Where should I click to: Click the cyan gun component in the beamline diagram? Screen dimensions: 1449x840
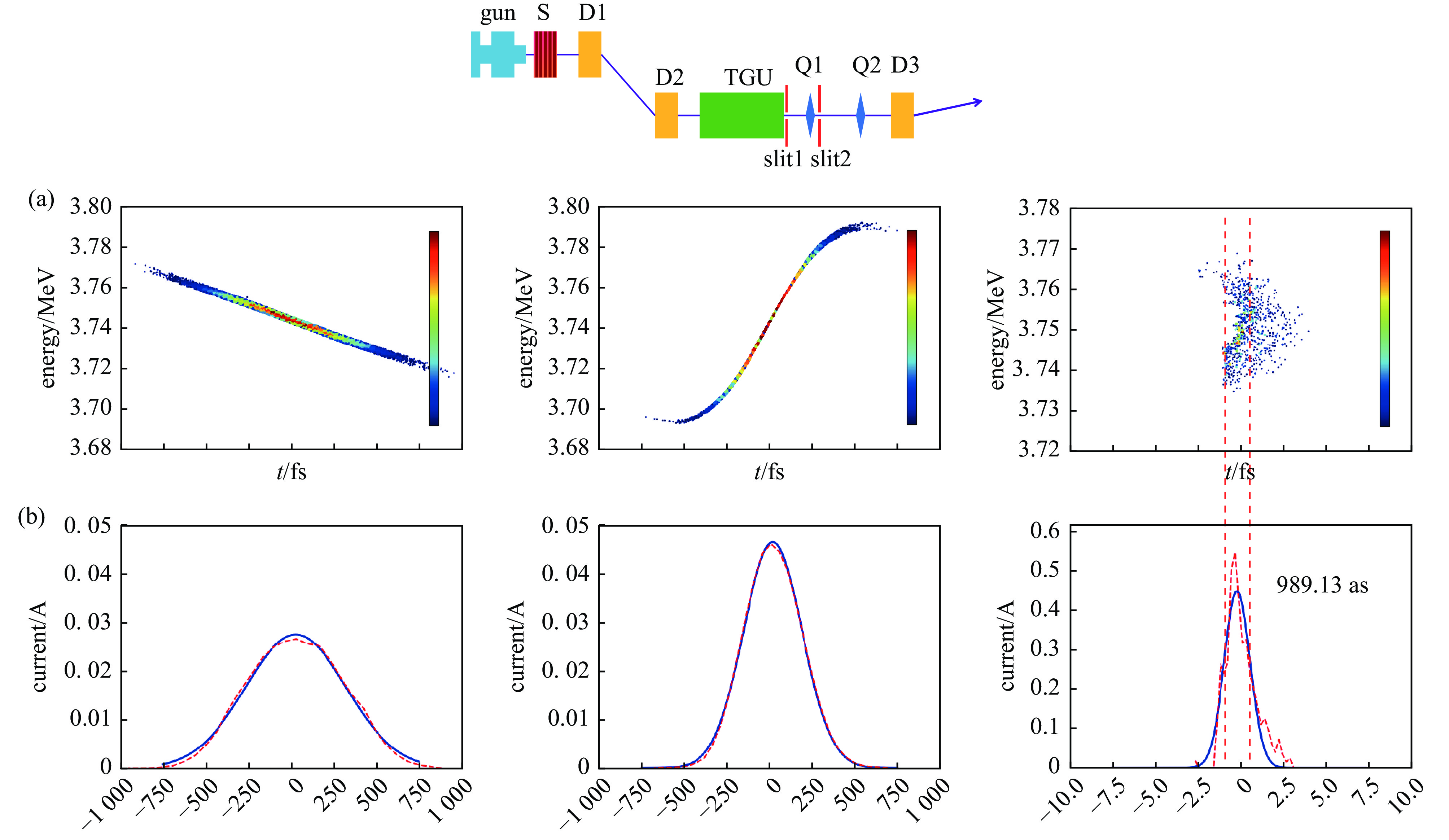[x=498, y=54]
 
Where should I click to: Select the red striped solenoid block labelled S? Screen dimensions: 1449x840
[x=545, y=54]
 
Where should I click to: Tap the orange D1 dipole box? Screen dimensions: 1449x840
[x=589, y=54]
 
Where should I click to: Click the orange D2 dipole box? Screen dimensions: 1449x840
[x=666, y=115]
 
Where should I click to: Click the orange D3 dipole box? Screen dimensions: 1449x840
[x=902, y=115]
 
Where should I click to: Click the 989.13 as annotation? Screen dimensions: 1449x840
[x=1322, y=585]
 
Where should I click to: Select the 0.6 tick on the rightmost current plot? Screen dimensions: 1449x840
[x=1045, y=530]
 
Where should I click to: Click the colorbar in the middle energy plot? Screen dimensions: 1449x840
[x=911, y=328]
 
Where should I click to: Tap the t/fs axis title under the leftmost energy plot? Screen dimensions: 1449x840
[x=292, y=472]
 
